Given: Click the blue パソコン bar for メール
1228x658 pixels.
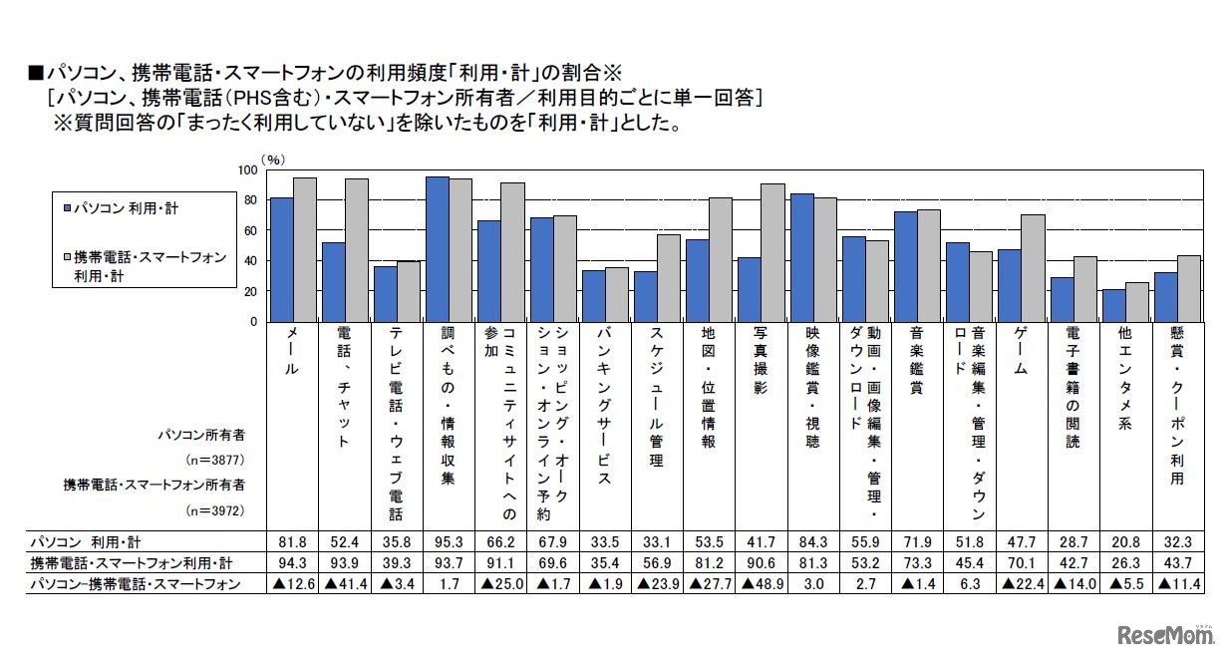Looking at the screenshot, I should tap(281, 259).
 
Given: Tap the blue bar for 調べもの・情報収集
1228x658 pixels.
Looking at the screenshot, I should tap(437, 249).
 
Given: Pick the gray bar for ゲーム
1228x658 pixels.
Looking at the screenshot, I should tap(1032, 268).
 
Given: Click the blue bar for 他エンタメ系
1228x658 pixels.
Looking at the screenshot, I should tap(1112, 305).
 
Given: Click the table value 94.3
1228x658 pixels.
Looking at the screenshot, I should tap(284, 562).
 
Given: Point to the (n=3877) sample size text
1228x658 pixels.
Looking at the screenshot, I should tap(215, 460).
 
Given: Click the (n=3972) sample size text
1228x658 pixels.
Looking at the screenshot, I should tap(215, 508).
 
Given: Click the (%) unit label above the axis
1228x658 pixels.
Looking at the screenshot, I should tap(273, 159).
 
